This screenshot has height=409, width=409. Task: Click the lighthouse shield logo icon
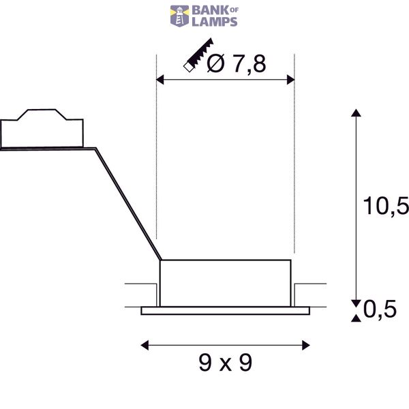(180, 16)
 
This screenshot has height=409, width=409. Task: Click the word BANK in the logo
(211, 10)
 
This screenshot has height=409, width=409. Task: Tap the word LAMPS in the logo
(215, 22)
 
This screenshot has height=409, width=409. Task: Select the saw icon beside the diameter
(198, 55)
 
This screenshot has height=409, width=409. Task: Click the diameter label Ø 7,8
(237, 63)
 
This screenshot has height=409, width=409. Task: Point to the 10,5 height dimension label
(386, 206)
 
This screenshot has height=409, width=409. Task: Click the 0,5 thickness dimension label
(380, 309)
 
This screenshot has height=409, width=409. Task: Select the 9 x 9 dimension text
(226, 363)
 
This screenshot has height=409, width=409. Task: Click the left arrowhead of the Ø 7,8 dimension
(160, 80)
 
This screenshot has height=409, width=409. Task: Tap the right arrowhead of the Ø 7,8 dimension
(290, 80)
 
